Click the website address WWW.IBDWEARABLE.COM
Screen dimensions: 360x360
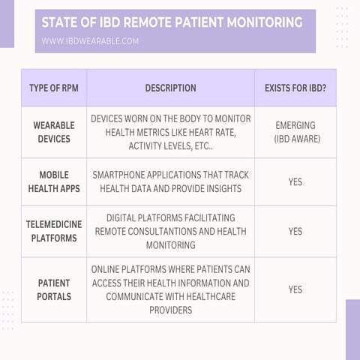pos(90,40)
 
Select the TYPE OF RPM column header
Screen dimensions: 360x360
pos(53,88)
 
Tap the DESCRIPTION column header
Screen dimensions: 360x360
pos(170,88)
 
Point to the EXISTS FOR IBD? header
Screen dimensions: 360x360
pos(295,88)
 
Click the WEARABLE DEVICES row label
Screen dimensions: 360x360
pos(53,132)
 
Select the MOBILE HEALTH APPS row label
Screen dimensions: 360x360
pos(53,181)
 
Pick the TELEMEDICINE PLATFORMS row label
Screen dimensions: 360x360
pos(53,232)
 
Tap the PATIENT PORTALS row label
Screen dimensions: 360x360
pos(53,289)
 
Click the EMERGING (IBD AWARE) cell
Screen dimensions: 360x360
pos(295,132)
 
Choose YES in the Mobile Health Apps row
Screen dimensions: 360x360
pos(295,181)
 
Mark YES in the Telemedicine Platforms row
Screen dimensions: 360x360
pos(295,232)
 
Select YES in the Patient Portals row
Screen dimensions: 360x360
pos(295,289)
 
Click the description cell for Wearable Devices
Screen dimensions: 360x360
pos(170,132)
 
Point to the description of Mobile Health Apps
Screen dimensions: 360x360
pos(170,181)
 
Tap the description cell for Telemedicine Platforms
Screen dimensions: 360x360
pos(170,232)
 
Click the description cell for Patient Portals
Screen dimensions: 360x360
pos(170,289)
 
